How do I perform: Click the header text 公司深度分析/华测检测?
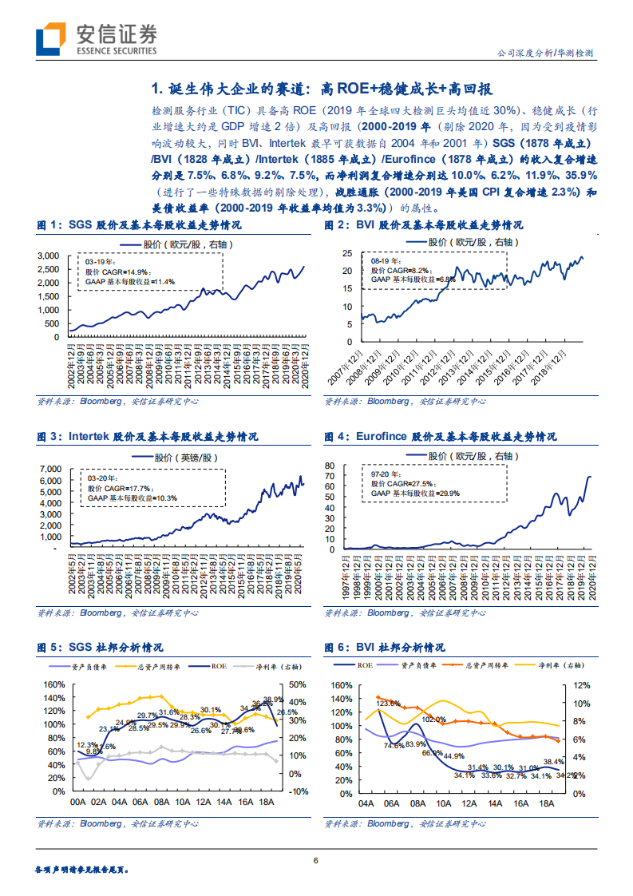(551, 53)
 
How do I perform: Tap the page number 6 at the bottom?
(316, 860)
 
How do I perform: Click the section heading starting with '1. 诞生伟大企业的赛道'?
(327, 88)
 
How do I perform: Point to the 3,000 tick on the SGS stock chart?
(49, 256)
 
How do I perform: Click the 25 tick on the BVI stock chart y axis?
(346, 253)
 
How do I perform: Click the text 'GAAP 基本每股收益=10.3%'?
(132, 498)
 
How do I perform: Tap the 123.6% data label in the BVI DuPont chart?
(389, 703)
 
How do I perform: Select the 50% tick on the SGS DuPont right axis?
(297, 684)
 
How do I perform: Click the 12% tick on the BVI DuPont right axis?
(580, 685)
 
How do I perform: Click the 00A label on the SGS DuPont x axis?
(78, 802)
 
